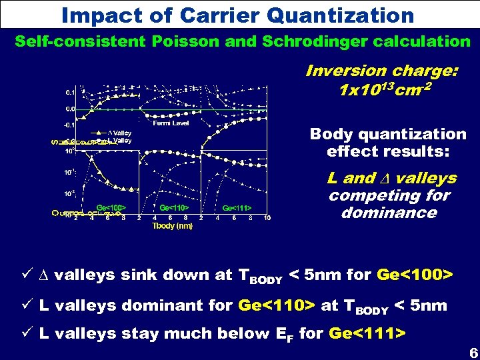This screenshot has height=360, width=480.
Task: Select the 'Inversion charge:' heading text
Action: pyautogui.click(x=381, y=71)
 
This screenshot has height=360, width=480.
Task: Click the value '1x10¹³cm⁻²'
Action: pyautogui.click(x=381, y=89)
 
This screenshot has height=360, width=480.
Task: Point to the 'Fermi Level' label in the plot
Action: pyautogui.click(x=171, y=123)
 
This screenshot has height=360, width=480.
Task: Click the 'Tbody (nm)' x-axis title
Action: pyautogui.click(x=173, y=226)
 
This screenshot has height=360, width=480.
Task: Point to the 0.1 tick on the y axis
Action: pyautogui.click(x=70, y=92)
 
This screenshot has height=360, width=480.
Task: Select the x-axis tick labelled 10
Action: pyautogui.click(x=267, y=218)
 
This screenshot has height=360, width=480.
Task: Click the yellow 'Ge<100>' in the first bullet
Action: pyautogui.click(x=415, y=275)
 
